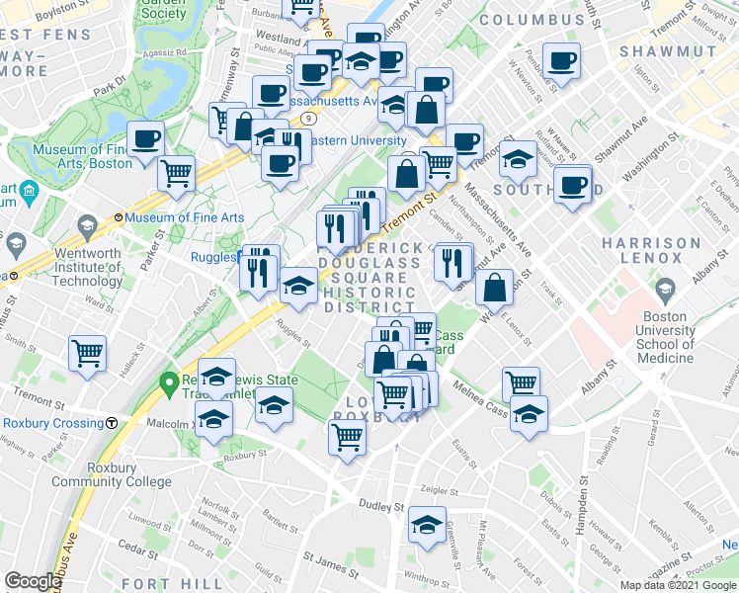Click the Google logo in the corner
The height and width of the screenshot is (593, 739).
pos(33,581)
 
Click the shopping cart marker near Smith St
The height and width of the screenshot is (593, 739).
pos(88,352)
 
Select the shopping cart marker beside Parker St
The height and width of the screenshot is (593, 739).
pos(176,173)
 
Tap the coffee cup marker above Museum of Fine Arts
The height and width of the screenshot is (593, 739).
pos(146,138)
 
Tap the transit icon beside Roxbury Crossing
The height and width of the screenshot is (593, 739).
pos(112,423)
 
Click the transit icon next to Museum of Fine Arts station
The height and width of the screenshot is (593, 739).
pos(118,216)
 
